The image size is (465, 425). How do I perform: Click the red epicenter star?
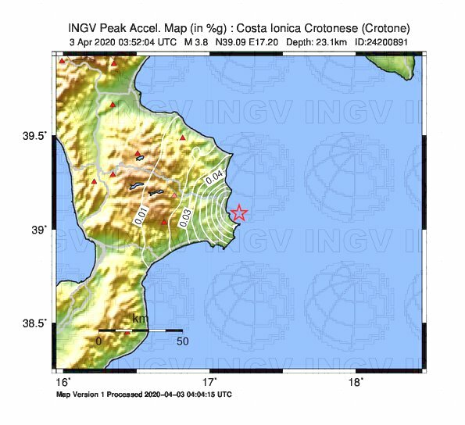point(239,212)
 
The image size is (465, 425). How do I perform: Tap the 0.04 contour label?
point(214,177)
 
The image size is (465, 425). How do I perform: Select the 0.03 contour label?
point(184,218)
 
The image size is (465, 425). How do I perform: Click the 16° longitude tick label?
point(64,382)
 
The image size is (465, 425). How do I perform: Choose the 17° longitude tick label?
point(209,382)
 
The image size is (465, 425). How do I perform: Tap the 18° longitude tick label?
point(355,382)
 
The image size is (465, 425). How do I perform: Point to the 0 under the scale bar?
point(99,341)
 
